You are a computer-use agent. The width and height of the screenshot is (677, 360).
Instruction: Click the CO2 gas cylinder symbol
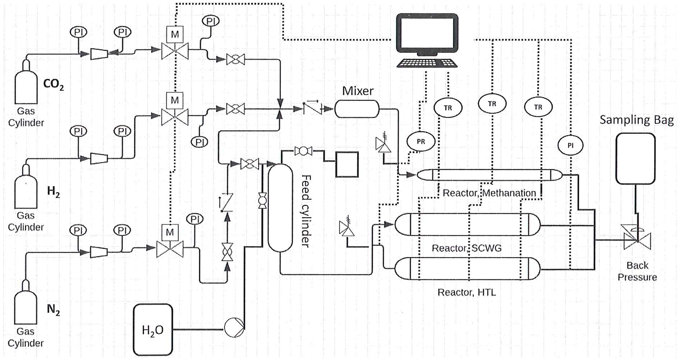pos(26,84)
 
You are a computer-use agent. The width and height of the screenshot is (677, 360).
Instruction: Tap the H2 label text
pos(53,191)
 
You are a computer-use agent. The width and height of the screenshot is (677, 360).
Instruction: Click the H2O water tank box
pos(153,330)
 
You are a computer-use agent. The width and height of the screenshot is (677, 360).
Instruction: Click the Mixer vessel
pos(357,109)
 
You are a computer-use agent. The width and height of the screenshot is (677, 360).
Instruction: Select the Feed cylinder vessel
pos(280,208)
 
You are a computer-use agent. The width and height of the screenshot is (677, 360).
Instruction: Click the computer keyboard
pos(427,63)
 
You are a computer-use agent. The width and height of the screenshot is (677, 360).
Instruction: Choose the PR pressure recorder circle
pos(421,141)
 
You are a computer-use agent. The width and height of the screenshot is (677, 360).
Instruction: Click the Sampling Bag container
pos(635,158)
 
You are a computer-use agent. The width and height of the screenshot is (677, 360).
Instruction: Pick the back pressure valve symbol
pos(637,240)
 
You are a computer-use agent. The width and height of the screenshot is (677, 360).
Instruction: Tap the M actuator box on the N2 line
pos(170,232)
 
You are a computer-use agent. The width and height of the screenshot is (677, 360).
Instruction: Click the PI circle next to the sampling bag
pos(570,145)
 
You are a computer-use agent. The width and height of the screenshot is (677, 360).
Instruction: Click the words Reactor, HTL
pos(466,293)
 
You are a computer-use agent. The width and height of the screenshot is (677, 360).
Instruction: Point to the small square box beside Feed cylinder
pos(347,165)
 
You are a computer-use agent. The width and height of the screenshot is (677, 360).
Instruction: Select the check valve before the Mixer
pos(312,108)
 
